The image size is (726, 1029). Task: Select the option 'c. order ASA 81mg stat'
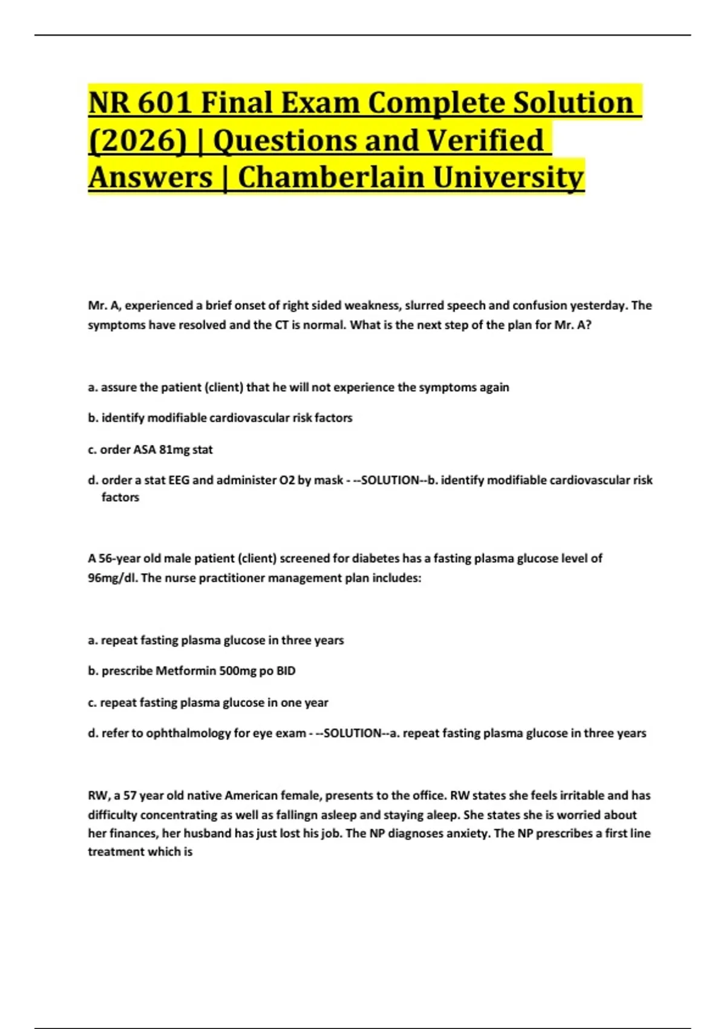pos(150,450)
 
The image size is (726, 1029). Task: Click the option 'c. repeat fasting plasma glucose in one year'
pos(208,703)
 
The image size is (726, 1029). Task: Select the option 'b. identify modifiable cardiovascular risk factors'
pos(220,418)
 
